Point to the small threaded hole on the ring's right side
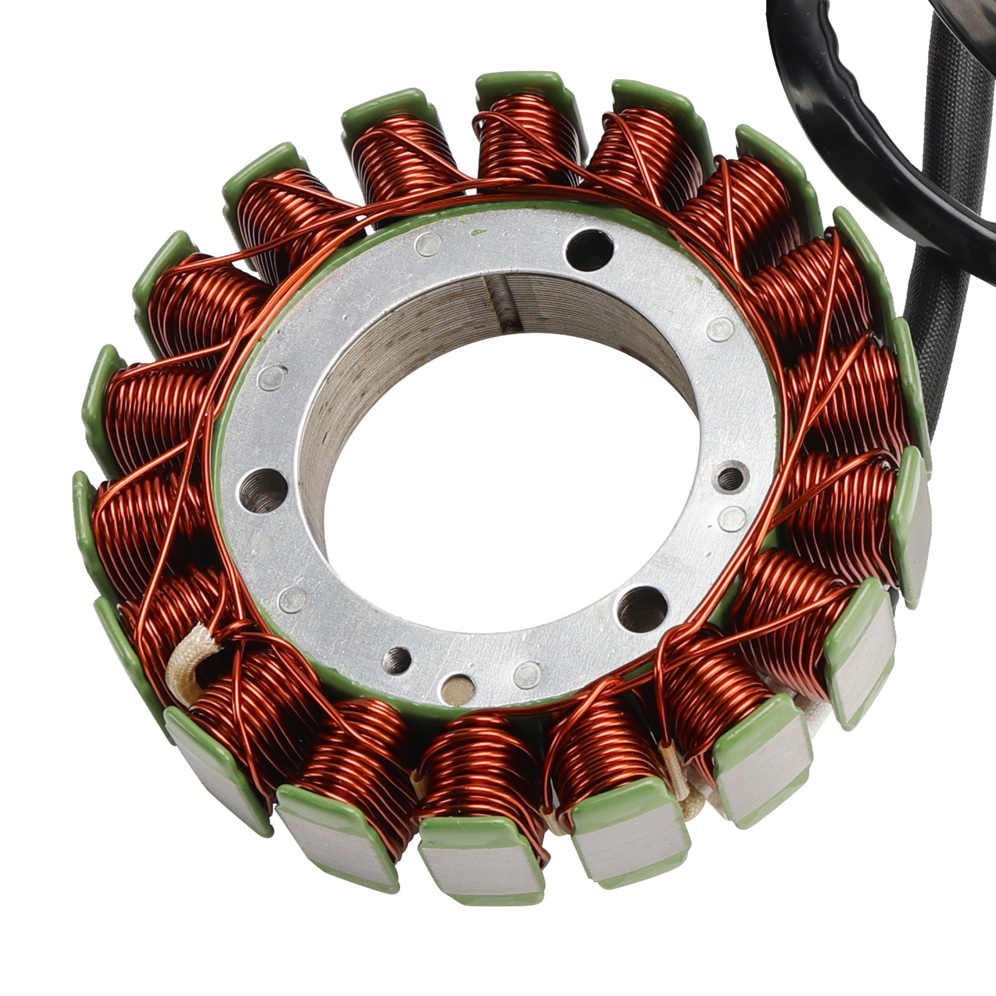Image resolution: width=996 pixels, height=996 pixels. pos(731,477)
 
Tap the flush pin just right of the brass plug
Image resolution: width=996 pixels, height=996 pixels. pos(526,673)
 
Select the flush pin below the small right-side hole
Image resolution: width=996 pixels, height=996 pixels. pos(735,518)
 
